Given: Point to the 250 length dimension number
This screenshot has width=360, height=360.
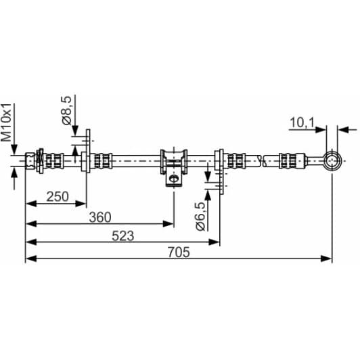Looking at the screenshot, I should click(x=58, y=196).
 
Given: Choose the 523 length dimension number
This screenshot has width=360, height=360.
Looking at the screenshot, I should click(x=122, y=235).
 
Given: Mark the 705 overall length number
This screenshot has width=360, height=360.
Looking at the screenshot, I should click(x=178, y=252).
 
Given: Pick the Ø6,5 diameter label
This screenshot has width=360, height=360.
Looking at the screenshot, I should click(x=200, y=216).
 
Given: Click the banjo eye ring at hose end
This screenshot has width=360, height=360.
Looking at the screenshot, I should click(x=331, y=160).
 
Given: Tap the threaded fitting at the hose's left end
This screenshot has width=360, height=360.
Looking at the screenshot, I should click(x=31, y=161).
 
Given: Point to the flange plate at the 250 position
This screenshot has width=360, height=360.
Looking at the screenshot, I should click(x=85, y=161).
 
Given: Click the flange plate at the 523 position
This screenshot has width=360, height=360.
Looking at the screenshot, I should click(x=219, y=161).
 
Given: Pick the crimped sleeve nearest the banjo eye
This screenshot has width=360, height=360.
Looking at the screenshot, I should click(x=288, y=161).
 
